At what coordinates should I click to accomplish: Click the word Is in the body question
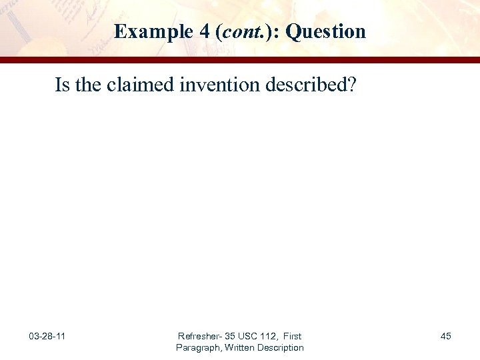point(62,85)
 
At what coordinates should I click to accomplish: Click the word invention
point(214,85)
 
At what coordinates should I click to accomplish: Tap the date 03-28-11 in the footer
point(47,336)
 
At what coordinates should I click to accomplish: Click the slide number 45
point(445,336)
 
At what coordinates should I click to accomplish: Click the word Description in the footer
point(282,347)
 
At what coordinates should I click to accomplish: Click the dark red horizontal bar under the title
point(240,60)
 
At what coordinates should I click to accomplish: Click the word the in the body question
point(85,85)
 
